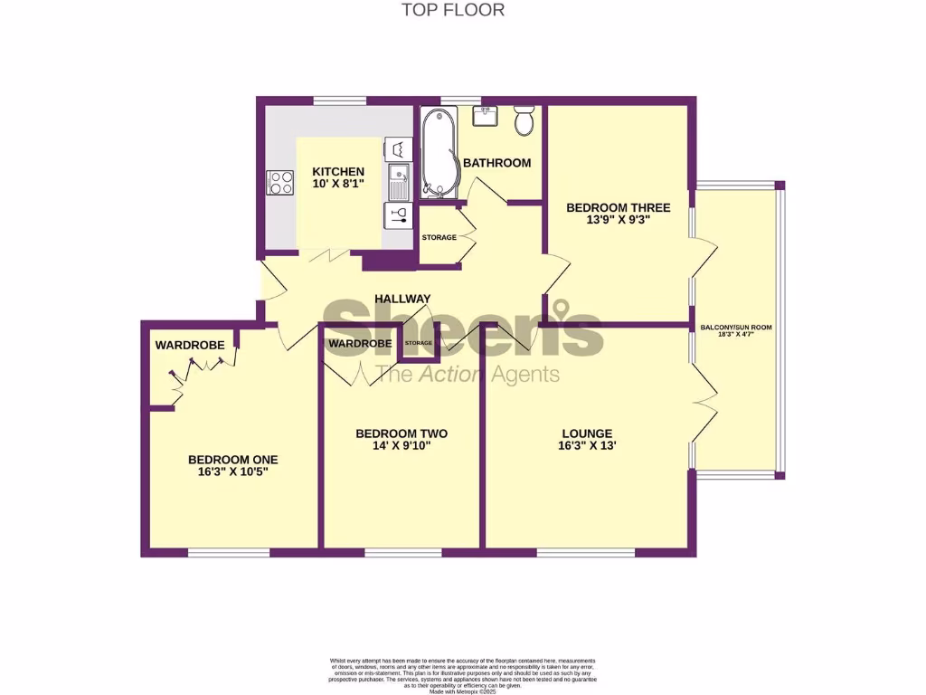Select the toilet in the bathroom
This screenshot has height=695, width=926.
coord(524,120)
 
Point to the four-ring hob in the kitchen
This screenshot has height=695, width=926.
coord(280,183)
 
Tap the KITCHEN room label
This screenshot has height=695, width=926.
coord(338,172)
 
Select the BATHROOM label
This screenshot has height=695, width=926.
coord(496,163)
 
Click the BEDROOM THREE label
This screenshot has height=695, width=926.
coord(606,207)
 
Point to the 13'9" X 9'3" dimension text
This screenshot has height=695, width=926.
coord(607,219)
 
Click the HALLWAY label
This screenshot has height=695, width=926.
coord(402,299)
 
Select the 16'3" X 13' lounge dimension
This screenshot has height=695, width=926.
coord(587,445)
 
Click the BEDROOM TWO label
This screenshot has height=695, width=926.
coord(402,433)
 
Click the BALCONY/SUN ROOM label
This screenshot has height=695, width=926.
coord(736,328)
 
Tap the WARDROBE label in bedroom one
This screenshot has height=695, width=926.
coord(190,345)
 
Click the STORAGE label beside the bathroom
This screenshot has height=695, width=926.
coord(439,237)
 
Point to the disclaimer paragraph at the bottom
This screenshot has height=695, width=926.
coord(463,671)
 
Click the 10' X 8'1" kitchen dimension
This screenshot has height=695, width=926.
coord(338,185)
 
